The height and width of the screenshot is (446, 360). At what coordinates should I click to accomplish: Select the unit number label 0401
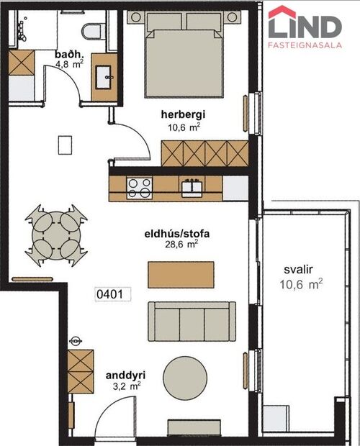pyautogui.click(x=112, y=293)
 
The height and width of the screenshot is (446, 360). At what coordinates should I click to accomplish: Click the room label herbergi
pyautogui.click(x=184, y=114)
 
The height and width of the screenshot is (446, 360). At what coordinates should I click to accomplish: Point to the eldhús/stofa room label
pyautogui.click(x=181, y=233)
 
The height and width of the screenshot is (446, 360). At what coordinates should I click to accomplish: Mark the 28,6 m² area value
pyautogui.click(x=181, y=244)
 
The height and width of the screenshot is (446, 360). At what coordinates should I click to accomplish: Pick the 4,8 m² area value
pyautogui.click(x=69, y=64)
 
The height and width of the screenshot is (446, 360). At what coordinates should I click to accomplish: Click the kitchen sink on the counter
pyautogui.click(x=192, y=187)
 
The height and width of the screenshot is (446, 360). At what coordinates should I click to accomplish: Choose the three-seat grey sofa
pyautogui.click(x=190, y=321)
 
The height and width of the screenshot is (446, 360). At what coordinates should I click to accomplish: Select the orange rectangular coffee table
pyautogui.click(x=181, y=273)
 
